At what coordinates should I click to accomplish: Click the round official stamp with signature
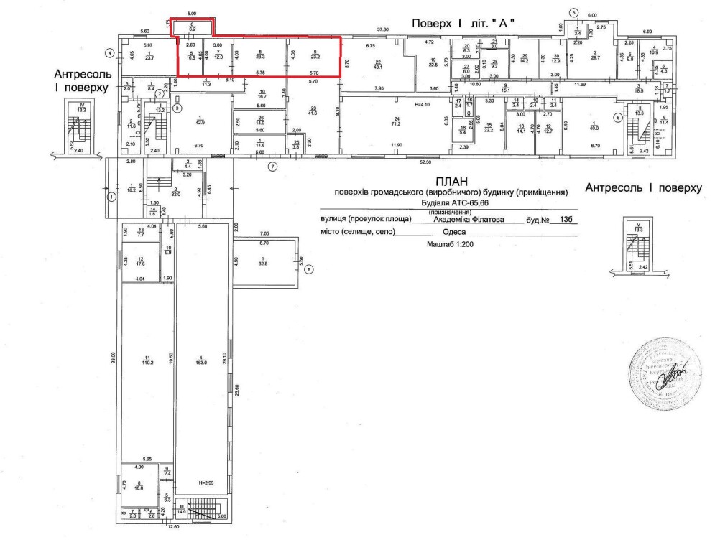(x=664, y=373)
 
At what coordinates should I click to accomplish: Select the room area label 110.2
(x=147, y=363)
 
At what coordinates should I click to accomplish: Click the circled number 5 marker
(x=573, y=12)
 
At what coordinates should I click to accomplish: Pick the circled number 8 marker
(x=308, y=270)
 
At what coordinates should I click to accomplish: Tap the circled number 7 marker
(x=272, y=167)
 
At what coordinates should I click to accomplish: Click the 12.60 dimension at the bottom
(x=173, y=527)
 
